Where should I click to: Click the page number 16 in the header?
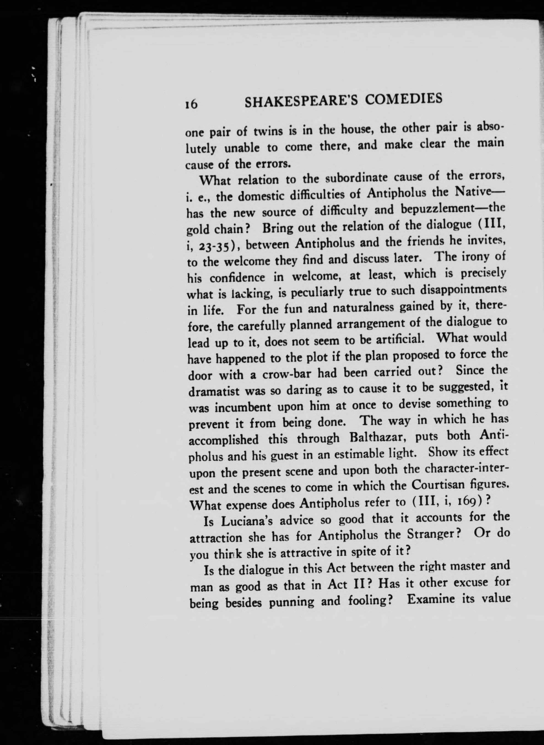click(x=191, y=104)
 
